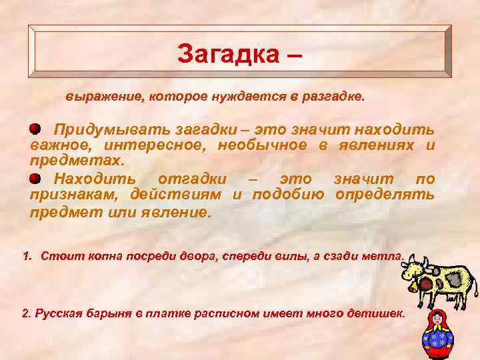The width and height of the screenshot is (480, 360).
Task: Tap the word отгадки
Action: pyautogui.click(x=193, y=179)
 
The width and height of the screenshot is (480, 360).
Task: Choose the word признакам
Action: pyautogui.click(x=69, y=195)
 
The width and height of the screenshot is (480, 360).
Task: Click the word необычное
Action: pyautogui.click(x=267, y=145)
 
